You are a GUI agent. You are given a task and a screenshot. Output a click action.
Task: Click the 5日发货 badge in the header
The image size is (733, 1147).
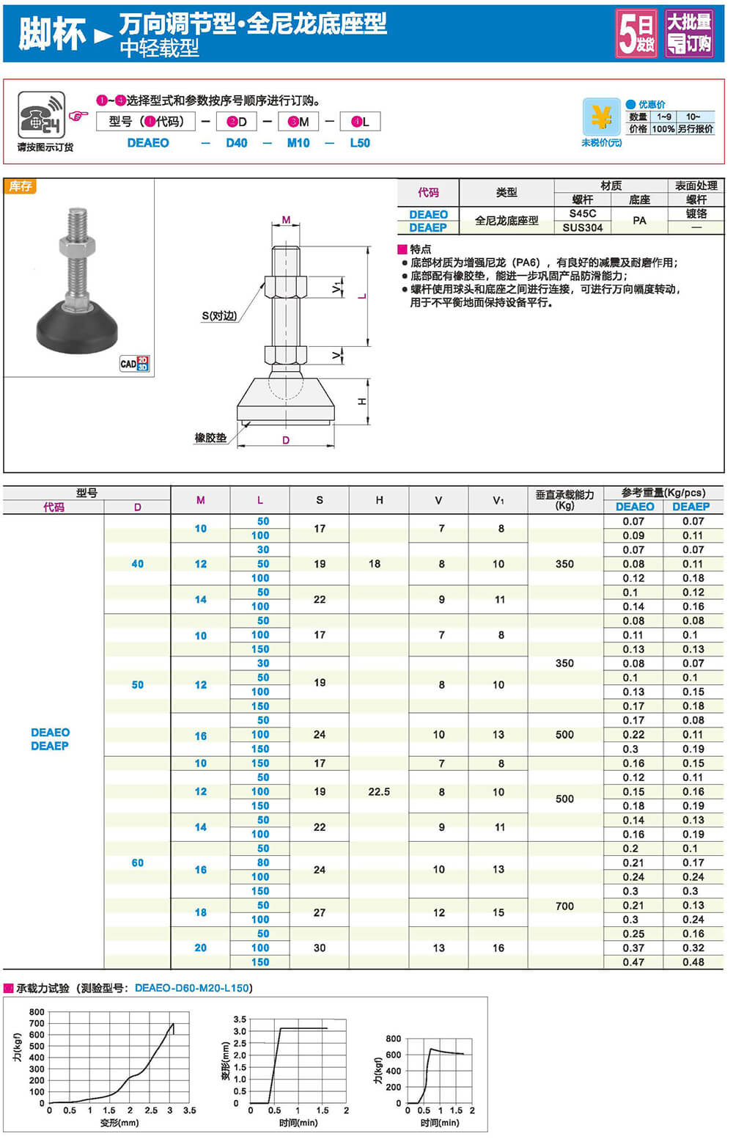(x=636, y=33)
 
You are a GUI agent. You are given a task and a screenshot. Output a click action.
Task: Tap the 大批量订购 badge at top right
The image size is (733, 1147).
(x=688, y=33)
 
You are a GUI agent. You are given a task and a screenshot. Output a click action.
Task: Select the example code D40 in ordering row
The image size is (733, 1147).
(x=236, y=143)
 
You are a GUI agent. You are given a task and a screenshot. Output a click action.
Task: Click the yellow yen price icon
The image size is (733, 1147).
(x=601, y=117)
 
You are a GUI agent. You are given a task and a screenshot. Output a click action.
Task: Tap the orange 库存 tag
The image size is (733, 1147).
(x=21, y=186)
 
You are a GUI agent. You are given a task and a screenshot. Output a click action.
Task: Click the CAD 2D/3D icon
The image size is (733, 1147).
(x=134, y=363)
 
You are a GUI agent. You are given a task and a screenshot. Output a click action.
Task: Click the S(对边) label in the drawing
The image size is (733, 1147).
(x=220, y=316)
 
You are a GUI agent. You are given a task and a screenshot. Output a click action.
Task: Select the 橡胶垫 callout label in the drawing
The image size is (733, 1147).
(x=210, y=438)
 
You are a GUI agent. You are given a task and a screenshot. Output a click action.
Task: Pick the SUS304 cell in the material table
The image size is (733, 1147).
(x=583, y=227)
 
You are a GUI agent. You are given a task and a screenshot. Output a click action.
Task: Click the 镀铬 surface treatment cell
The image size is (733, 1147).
(x=696, y=213)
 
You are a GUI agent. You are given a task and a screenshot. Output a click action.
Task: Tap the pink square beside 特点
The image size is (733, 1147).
(x=402, y=249)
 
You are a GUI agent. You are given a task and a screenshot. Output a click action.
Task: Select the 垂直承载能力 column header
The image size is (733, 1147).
(x=564, y=499)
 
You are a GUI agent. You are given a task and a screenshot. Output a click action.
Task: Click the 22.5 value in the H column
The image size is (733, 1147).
(x=379, y=791)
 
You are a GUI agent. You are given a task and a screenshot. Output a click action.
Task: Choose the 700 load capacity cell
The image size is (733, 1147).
(x=564, y=906)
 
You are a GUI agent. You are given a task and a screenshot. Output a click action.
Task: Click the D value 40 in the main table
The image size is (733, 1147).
(x=138, y=564)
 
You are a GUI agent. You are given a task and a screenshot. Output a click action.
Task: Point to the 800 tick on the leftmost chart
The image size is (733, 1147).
(x=37, y=1012)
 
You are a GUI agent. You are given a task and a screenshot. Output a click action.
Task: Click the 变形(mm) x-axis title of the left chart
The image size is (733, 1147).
(x=119, y=1123)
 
